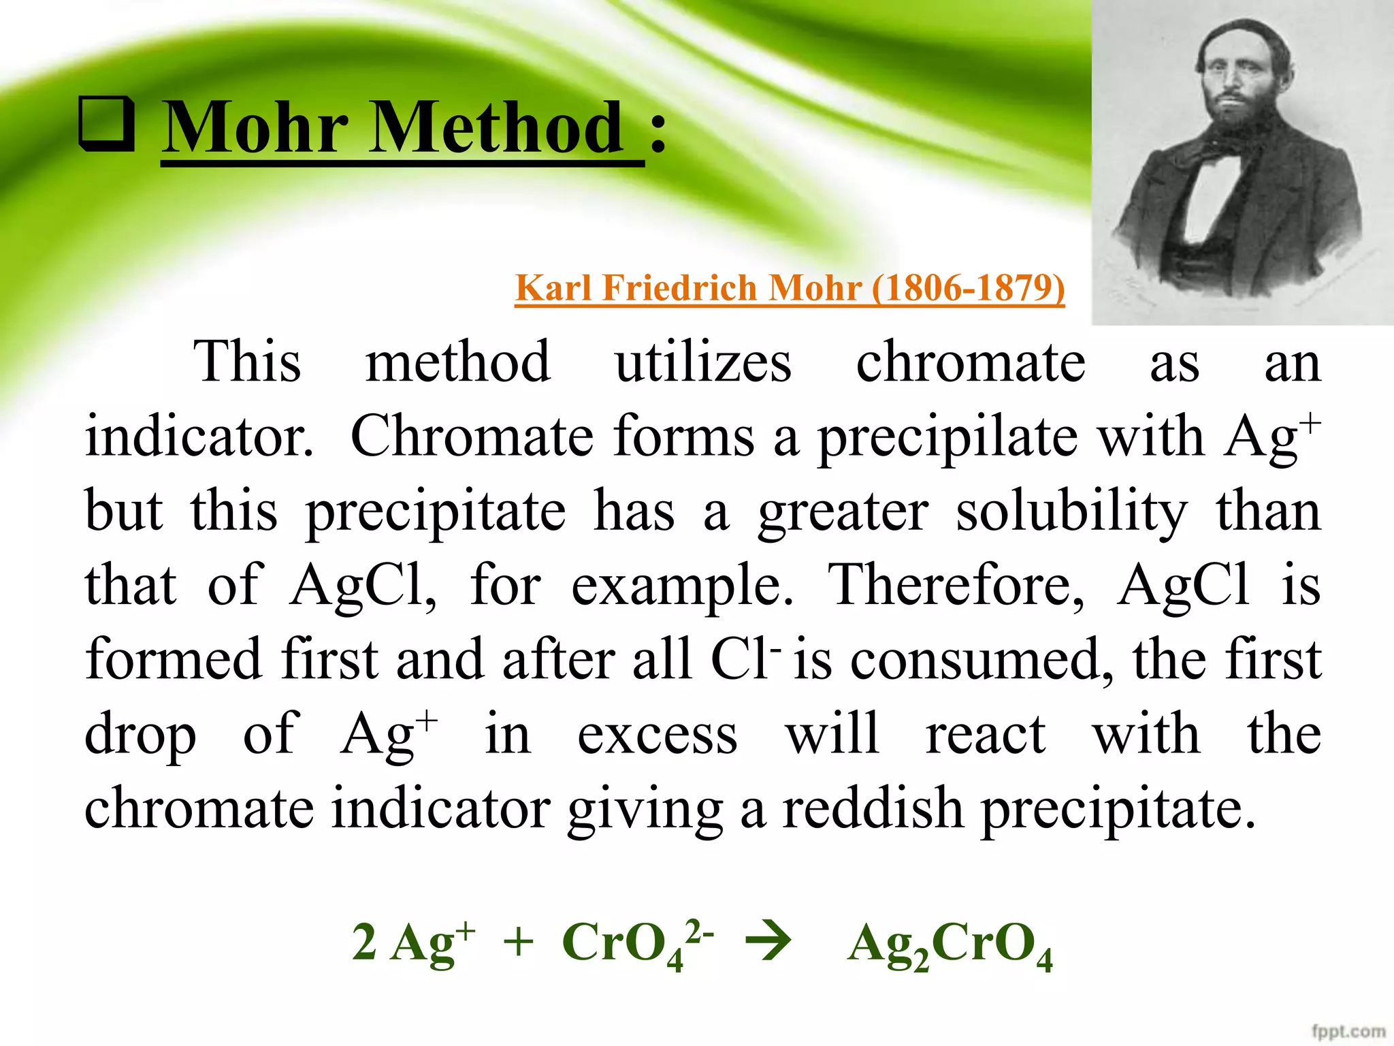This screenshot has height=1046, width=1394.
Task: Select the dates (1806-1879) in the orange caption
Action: pos(968,288)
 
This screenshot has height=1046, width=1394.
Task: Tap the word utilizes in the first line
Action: pos(703,362)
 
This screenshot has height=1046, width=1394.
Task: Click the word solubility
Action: pos(1071,512)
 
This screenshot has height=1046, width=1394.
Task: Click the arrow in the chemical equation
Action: pos(769,942)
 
